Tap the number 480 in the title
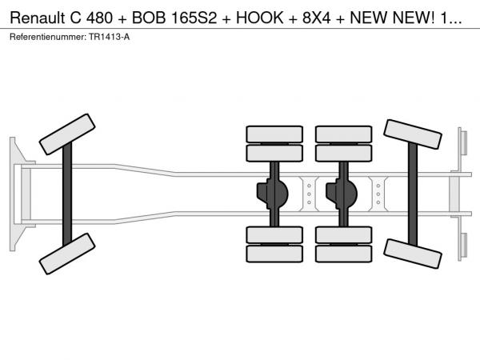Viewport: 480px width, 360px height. coord(102,17)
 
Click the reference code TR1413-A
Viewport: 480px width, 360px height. coord(108,38)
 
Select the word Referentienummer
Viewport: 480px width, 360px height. coord(46,38)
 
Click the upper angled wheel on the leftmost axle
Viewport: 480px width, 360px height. coord(67,134)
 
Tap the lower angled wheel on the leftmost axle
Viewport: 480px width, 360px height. coord(67,254)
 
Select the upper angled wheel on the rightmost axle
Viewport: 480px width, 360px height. coord(414,134)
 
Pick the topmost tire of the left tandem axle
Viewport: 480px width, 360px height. coord(274,134)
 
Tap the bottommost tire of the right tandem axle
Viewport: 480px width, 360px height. coord(344,254)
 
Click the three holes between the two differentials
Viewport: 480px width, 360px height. coord(309,193)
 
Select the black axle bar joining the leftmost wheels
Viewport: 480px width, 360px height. coord(68,193)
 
